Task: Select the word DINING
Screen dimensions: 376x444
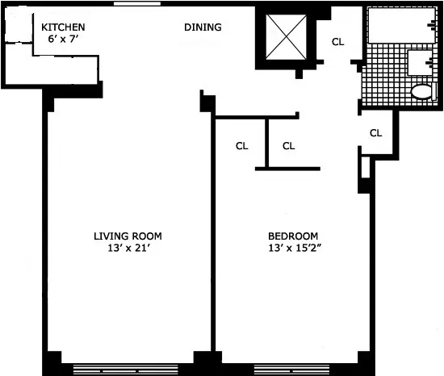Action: (203, 27)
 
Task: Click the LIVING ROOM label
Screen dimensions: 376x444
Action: (128, 236)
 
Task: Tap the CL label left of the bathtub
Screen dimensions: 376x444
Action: (338, 42)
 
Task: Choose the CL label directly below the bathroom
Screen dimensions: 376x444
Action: (375, 132)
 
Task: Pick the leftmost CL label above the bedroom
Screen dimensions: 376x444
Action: (241, 146)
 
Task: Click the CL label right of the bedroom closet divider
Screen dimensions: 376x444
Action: (289, 146)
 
